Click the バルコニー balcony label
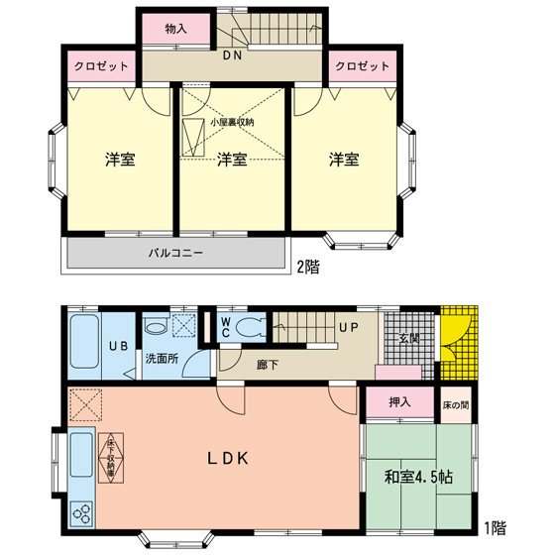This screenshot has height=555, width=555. pos(175,253)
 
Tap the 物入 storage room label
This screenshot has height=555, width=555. pos(176,29)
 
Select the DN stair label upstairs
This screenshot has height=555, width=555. pos(232,55)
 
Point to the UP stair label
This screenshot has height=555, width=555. pos(349,328)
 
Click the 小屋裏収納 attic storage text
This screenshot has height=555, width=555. pos(232,123)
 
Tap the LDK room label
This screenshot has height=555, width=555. pos(228,459)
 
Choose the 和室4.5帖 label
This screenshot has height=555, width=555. pos(418,478)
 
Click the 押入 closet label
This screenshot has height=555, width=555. pos(400,402)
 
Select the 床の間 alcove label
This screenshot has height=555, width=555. pos(456,405)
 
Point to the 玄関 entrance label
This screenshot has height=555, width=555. pos(409,339)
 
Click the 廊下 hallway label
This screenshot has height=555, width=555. pos(268,365)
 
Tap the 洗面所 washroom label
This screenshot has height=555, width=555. pos(163,359)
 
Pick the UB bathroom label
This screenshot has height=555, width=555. pos(118,346)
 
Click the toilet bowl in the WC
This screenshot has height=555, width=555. pos(250,326)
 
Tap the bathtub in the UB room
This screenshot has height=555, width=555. pos(84,342)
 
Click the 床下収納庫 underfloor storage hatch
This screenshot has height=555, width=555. pos(111,458)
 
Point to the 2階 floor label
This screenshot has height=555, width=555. pos(308,267)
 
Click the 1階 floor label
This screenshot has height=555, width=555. pos(495,528)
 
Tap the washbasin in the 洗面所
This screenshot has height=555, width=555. pos(156,325)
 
